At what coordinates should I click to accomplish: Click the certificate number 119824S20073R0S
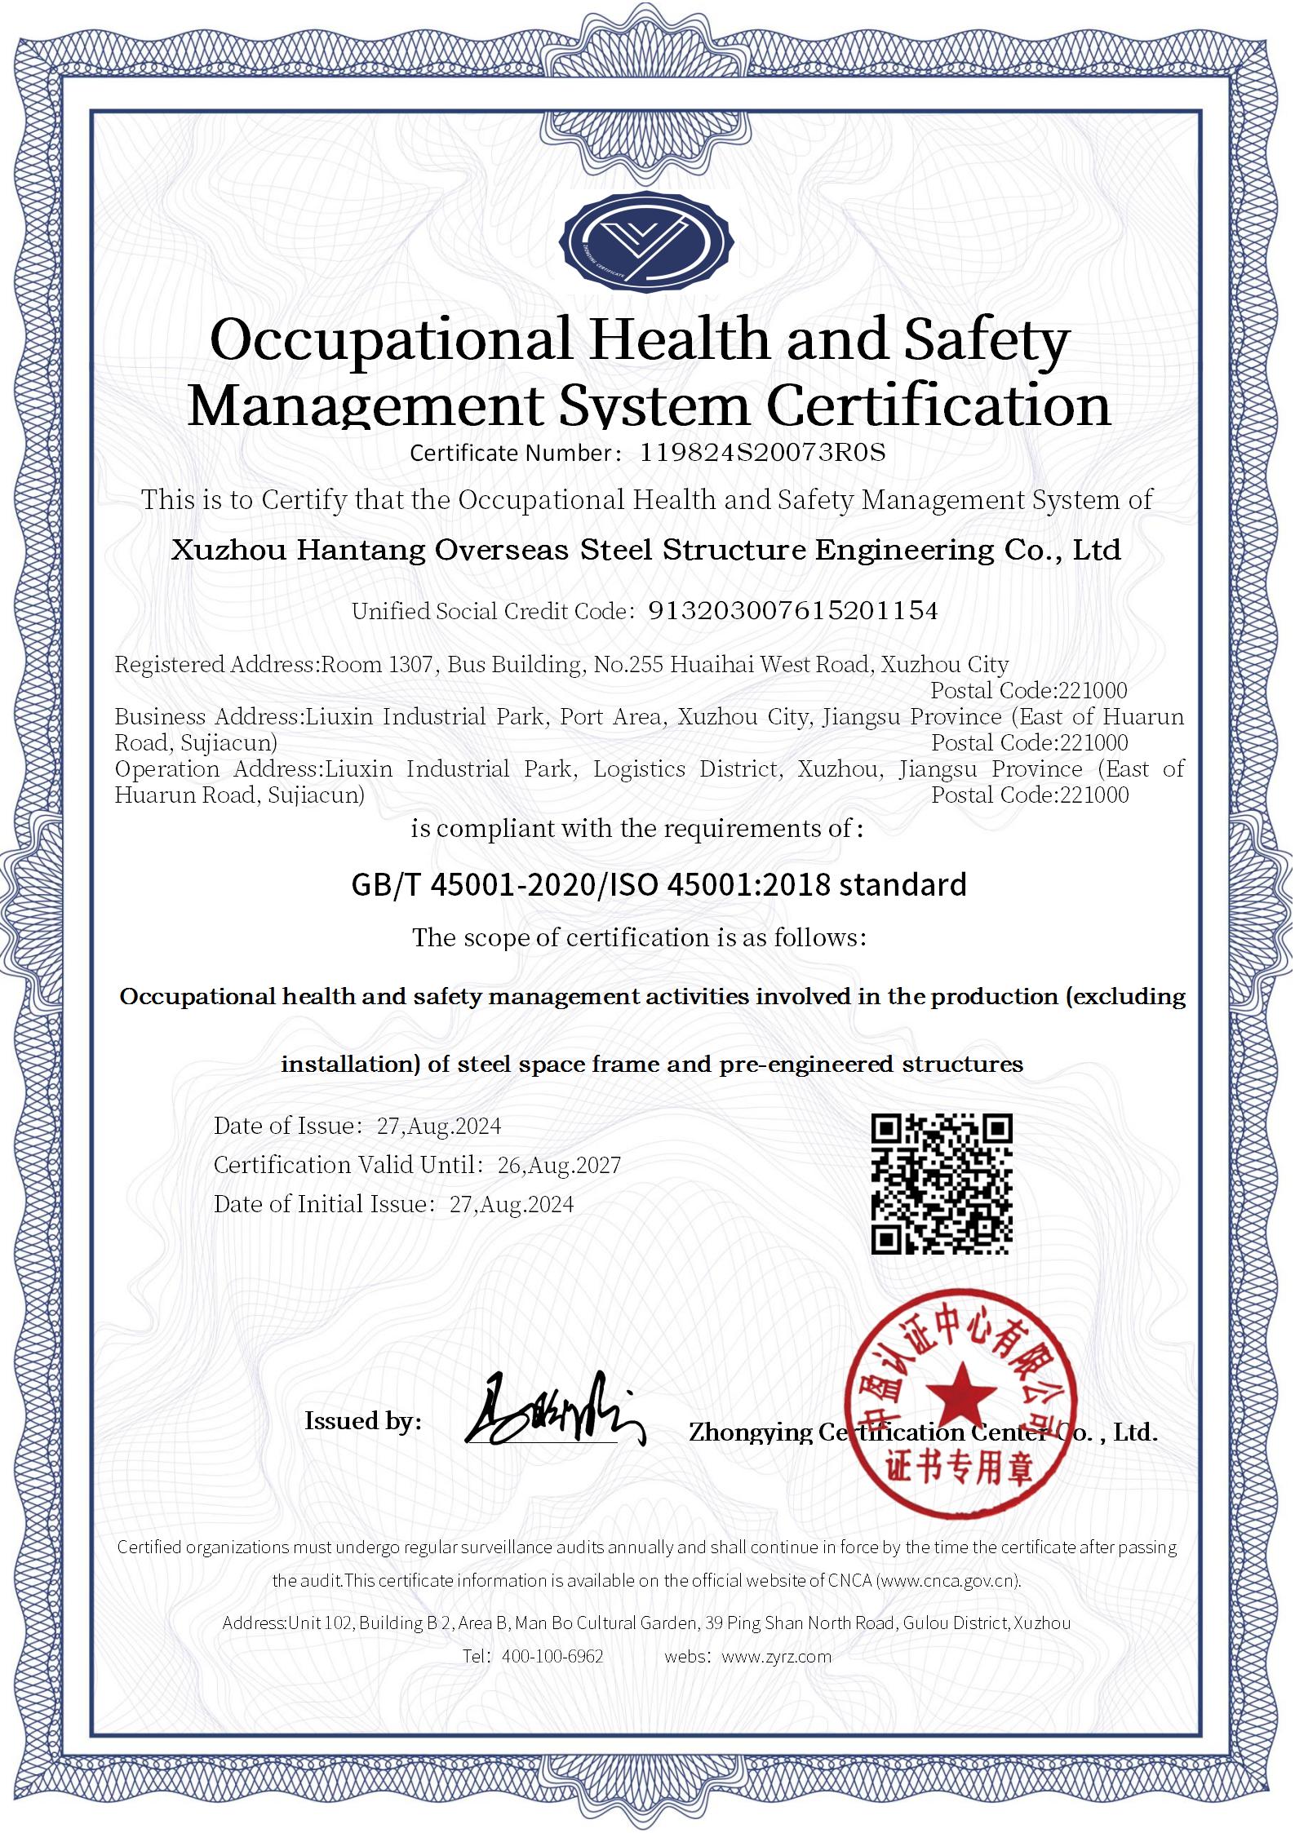pos(762,453)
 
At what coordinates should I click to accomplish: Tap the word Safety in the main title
pos(986,341)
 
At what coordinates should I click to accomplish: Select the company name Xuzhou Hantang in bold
pos(299,551)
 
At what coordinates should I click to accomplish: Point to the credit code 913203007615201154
pos(792,611)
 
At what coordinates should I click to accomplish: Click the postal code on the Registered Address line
pos(1029,691)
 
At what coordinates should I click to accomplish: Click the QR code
pos(942,1184)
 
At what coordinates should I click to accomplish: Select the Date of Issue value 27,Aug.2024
pos(439,1127)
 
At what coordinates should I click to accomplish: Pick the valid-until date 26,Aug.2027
pos(559,1166)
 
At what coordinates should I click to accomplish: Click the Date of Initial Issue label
pos(321,1205)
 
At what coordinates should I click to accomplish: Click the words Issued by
pos(363,1422)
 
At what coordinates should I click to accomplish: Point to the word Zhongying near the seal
pos(750,1434)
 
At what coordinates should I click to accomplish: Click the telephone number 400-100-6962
pos(552,1657)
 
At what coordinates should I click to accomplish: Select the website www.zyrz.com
pos(777,1657)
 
